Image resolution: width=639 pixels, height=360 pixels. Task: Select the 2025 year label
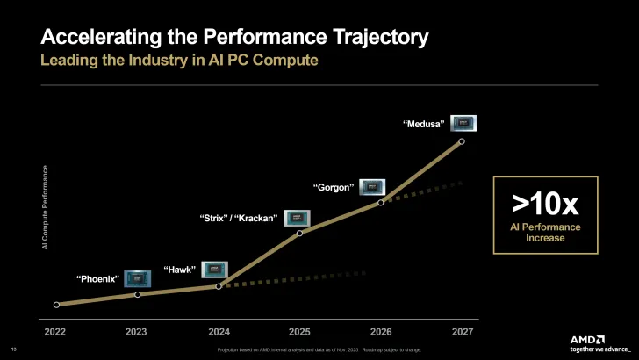click(299, 332)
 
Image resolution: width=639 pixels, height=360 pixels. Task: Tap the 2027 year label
click(462, 332)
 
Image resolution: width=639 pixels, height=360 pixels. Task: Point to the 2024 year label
click(219, 332)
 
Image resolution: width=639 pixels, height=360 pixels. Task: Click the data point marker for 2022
click(56, 305)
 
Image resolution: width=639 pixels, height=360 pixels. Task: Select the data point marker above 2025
click(299, 233)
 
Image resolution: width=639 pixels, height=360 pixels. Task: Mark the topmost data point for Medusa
click(462, 140)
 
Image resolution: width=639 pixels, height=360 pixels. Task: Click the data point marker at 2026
click(381, 203)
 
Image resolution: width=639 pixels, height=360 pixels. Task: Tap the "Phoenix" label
click(97, 279)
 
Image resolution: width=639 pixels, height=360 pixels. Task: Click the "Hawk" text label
click(179, 270)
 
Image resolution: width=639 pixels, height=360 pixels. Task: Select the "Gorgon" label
click(334, 187)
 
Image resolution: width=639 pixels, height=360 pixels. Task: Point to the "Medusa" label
click(424, 124)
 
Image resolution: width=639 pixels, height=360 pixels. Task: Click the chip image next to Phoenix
click(137, 279)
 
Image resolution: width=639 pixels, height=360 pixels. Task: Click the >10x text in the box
click(545, 205)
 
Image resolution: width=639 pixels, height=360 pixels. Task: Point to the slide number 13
click(13, 349)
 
